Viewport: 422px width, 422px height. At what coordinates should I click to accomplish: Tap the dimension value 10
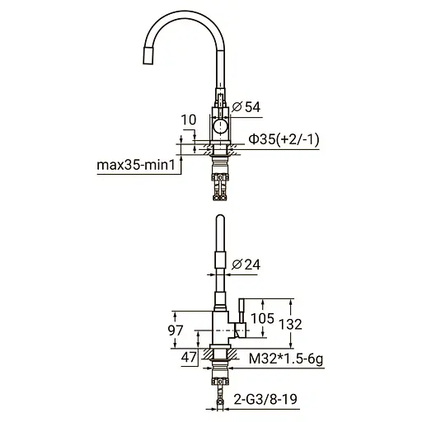pos(188,120)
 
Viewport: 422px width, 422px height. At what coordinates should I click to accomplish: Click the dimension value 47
pos(188,359)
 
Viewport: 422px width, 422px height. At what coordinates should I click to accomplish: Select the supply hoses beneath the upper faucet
pos(219,181)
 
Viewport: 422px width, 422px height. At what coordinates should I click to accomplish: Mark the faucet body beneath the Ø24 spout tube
pos(219,326)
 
